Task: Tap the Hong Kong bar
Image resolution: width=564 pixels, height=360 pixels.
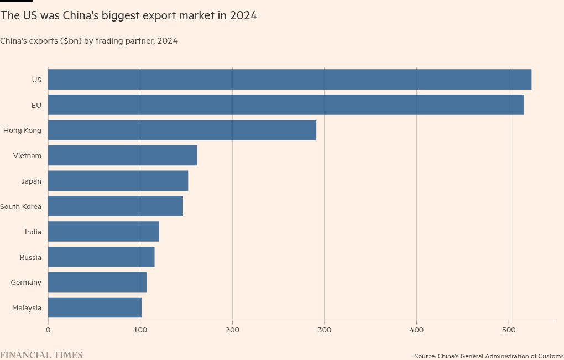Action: coord(182,130)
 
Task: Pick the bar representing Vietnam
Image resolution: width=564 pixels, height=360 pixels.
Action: coord(123,155)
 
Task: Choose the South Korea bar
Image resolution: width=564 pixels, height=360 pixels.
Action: coord(116,206)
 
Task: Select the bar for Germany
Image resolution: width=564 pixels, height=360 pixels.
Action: coord(97,283)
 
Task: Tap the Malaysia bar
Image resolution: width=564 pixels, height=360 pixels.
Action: coord(95,307)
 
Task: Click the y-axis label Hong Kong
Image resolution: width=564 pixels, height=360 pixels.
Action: coord(22,131)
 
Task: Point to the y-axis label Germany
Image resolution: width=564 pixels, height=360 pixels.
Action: coord(26,283)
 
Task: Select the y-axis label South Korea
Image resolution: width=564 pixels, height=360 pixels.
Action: coord(21,207)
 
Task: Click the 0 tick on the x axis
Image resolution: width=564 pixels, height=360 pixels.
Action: coord(48,330)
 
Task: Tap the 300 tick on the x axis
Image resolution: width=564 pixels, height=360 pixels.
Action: coord(325,330)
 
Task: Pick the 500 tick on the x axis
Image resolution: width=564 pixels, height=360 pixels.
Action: coord(509,330)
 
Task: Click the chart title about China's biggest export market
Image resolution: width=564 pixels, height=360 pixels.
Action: coord(129,15)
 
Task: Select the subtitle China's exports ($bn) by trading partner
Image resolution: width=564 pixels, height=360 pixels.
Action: coord(89,41)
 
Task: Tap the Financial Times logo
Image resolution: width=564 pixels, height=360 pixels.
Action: coord(41,355)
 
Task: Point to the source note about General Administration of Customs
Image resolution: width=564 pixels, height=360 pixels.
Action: coord(489,356)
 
